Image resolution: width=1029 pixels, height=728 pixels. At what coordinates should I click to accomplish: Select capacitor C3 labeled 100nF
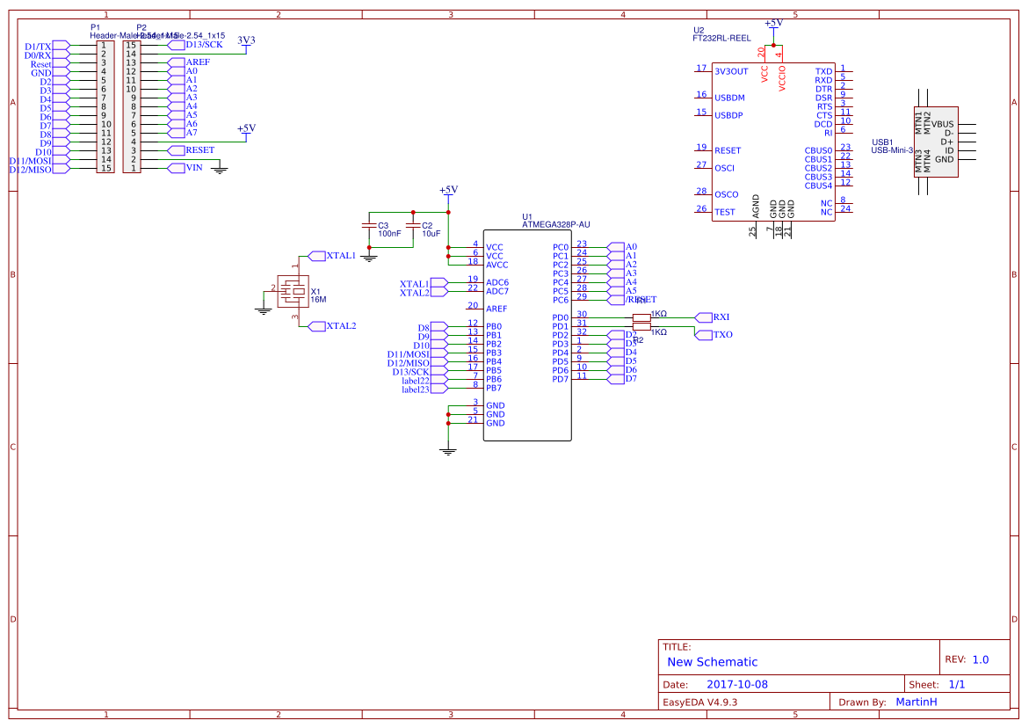(x=369, y=227)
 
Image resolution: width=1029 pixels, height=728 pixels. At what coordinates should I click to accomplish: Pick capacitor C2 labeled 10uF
(x=413, y=227)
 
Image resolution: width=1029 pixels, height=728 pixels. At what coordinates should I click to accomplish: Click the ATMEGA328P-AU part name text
(x=556, y=225)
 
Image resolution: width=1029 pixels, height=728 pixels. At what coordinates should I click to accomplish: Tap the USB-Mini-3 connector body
(x=936, y=142)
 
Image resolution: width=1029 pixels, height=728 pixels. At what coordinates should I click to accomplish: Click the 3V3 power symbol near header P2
(x=247, y=40)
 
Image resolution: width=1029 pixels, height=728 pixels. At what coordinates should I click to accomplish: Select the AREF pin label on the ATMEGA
(x=496, y=309)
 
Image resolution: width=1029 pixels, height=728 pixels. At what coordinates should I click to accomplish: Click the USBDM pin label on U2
(x=729, y=98)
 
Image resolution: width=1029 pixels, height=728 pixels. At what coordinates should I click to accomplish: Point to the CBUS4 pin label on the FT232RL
(x=817, y=186)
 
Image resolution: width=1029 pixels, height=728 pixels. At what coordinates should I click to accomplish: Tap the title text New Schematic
(x=712, y=662)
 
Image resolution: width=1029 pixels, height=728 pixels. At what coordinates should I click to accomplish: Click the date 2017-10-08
(x=737, y=684)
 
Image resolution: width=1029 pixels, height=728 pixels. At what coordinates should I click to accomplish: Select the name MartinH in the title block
(x=916, y=702)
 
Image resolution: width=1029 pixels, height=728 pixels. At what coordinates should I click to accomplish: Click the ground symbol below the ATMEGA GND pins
(x=448, y=450)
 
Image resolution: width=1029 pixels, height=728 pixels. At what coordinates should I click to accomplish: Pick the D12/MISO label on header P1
(x=31, y=170)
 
